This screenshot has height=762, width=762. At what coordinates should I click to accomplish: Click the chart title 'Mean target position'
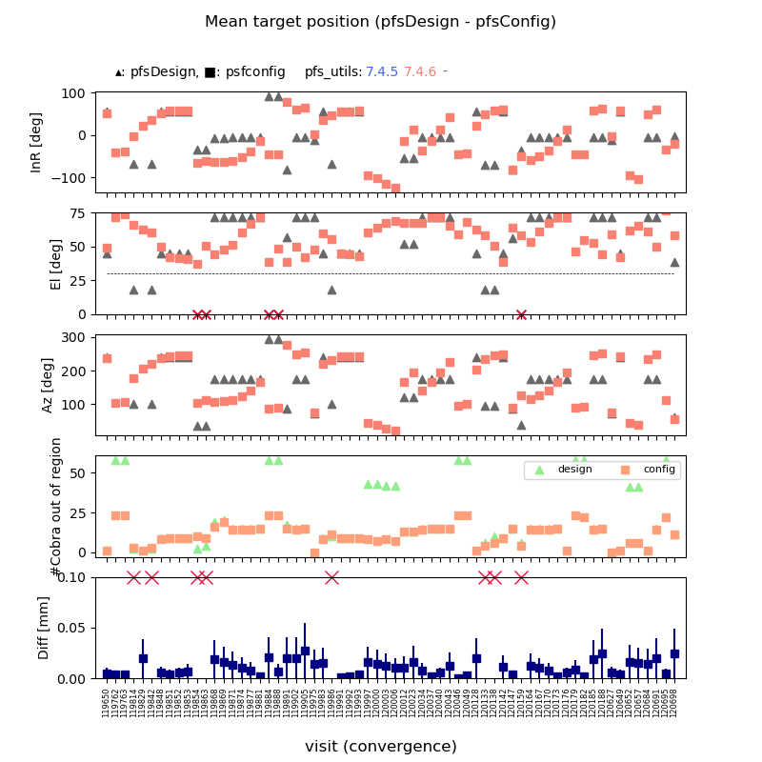point(380,22)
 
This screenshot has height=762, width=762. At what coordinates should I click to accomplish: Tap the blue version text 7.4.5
point(382,71)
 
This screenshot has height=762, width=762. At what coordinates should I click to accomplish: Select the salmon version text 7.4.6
point(420,71)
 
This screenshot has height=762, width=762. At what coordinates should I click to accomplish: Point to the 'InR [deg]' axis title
point(37,142)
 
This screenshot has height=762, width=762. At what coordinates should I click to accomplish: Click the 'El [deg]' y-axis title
point(56,264)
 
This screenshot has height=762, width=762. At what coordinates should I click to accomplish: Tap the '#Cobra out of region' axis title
point(56,506)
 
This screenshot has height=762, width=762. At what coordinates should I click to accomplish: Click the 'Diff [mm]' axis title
point(44,628)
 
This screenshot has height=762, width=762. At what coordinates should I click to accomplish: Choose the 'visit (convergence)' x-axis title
point(381,747)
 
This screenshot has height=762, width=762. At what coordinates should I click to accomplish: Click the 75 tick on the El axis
point(80,213)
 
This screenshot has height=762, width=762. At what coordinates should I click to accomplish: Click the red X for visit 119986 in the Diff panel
point(331,577)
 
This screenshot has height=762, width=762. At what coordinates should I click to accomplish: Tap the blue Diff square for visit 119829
point(143,658)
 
